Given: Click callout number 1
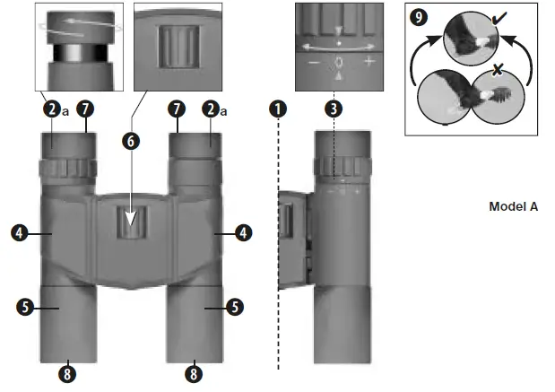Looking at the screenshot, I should [x=279, y=109].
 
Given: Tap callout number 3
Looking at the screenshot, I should [x=334, y=109].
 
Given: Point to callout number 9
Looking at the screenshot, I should [x=418, y=16].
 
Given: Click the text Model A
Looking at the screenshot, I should [x=513, y=206].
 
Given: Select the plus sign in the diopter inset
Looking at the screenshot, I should [x=369, y=64].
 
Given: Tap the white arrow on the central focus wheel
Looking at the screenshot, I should [x=132, y=218].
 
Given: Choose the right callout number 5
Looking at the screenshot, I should [x=235, y=306].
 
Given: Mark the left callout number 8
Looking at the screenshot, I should [x=68, y=370].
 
